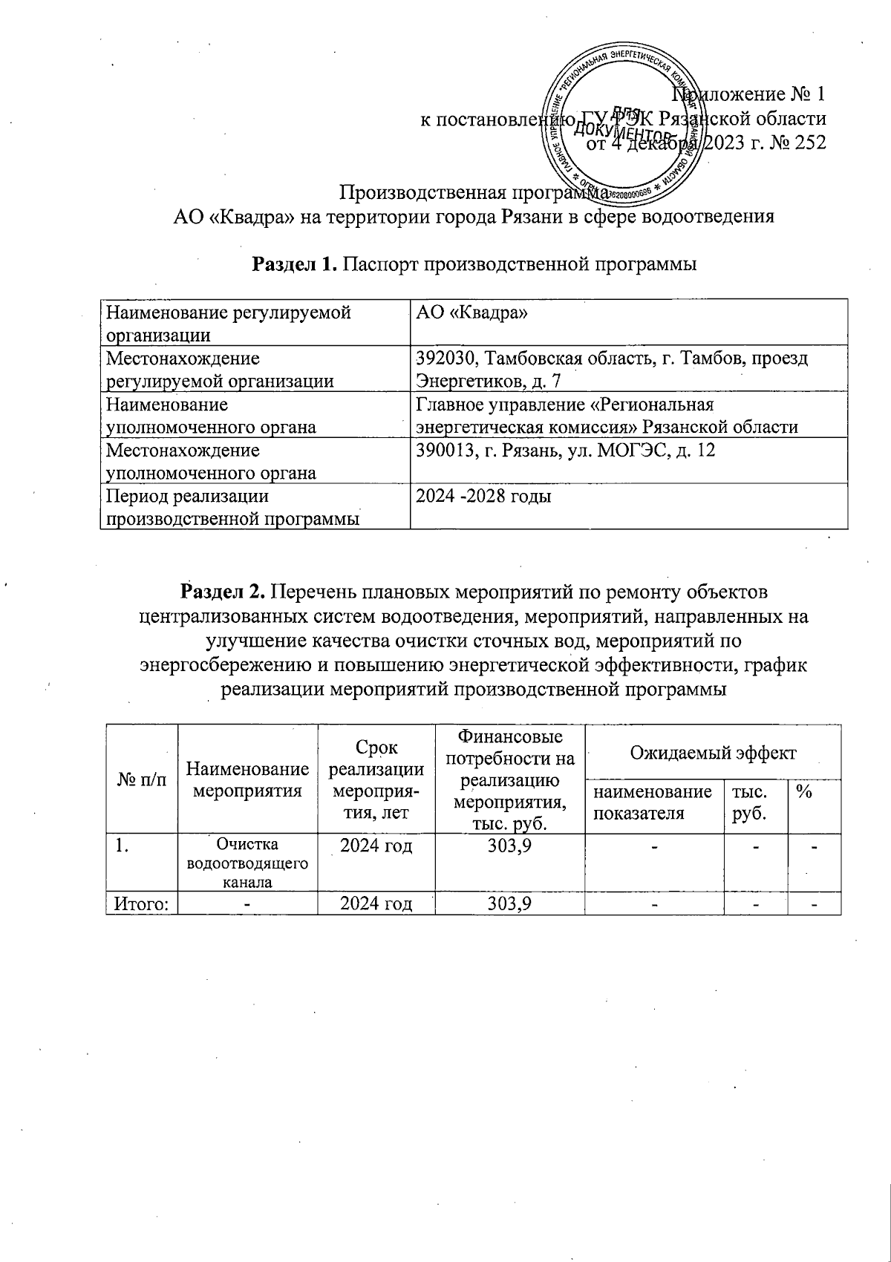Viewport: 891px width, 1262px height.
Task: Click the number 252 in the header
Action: (x=809, y=143)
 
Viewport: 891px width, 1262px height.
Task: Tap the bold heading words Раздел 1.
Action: (x=296, y=264)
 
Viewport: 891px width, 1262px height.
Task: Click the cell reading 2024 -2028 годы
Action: (x=483, y=497)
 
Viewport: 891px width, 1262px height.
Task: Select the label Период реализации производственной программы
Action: (x=232, y=507)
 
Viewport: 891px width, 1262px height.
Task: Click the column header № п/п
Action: (x=142, y=780)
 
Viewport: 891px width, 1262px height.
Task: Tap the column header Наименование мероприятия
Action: (x=247, y=780)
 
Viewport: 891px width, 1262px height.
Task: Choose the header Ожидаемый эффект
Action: (x=712, y=753)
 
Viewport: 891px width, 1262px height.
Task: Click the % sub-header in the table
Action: (x=803, y=792)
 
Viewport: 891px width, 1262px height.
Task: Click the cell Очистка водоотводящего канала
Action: (x=247, y=863)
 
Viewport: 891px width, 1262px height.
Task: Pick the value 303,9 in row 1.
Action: (x=509, y=846)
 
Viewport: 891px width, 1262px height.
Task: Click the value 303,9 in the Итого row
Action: (x=509, y=903)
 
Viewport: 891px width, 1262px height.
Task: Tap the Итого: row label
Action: (x=141, y=903)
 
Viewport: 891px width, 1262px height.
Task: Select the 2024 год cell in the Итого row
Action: (x=376, y=903)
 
